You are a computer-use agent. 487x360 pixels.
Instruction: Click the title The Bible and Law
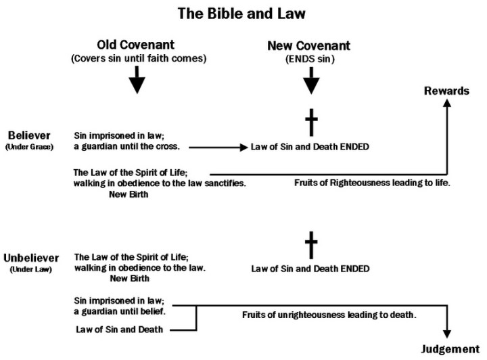(x=243, y=12)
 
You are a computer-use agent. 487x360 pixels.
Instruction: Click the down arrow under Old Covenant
(x=137, y=82)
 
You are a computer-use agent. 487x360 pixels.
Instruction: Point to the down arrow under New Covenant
(x=310, y=82)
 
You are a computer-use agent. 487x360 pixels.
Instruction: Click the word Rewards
(x=447, y=91)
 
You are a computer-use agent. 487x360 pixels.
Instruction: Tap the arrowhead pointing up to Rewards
(x=447, y=105)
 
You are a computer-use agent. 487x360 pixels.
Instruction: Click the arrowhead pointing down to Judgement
(x=447, y=333)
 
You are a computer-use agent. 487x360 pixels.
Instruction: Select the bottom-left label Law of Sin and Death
(x=114, y=330)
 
